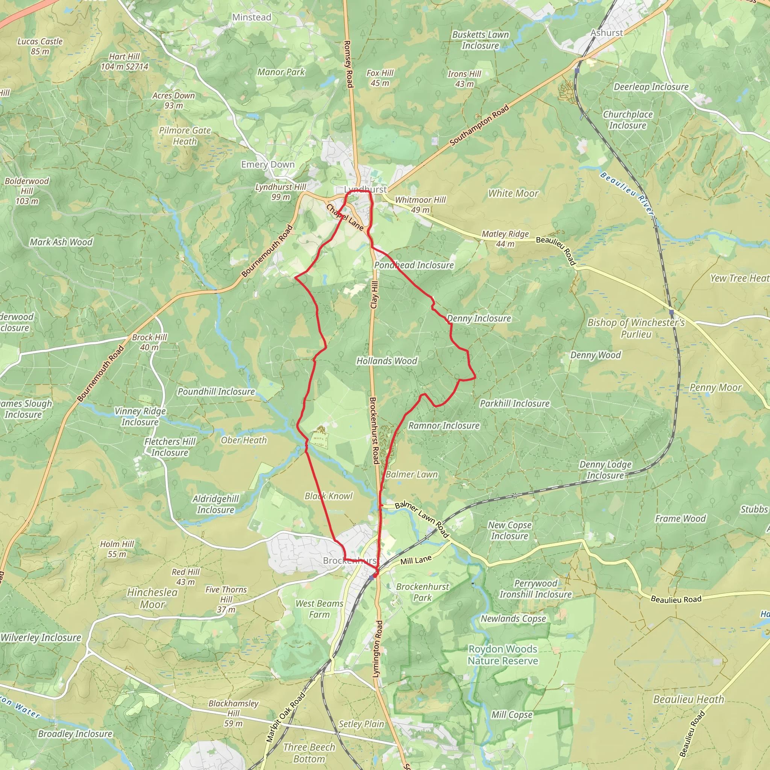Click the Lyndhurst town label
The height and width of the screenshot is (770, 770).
(365, 189)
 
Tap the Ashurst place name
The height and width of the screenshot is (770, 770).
(606, 33)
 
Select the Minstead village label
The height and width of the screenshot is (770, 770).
(252, 17)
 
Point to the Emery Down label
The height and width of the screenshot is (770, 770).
(267, 165)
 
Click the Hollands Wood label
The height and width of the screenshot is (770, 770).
(387, 361)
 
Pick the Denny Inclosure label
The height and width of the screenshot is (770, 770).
(479, 318)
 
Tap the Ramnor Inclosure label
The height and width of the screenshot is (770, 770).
(444, 426)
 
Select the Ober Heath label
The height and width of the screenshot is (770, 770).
(244, 440)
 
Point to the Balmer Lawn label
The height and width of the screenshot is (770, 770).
(411, 474)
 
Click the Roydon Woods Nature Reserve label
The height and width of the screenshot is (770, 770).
(503, 655)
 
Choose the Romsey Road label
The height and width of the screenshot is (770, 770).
(348, 64)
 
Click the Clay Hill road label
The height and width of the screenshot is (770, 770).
(374, 294)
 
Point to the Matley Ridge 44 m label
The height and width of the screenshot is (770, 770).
(505, 239)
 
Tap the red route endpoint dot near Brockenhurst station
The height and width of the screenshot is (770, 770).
(374, 576)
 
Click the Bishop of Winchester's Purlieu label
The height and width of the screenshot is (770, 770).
(636, 328)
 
